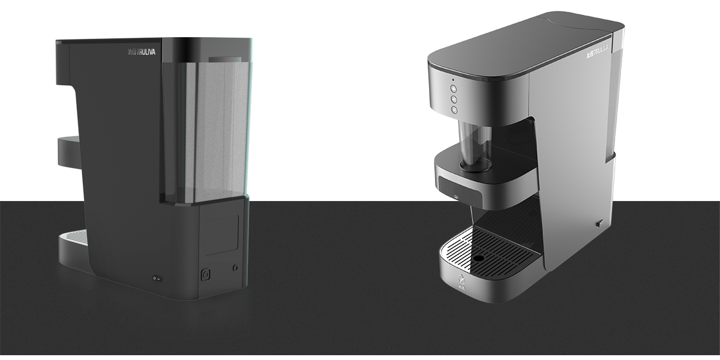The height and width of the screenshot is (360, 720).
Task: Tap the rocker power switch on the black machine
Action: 157,278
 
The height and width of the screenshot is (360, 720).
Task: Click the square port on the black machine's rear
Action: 205,274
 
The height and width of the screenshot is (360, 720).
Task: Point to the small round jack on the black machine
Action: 235,266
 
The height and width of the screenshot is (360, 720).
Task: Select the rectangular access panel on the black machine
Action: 223,235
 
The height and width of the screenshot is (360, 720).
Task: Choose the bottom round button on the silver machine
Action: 454,110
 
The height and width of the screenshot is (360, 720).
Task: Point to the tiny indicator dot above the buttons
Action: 453,79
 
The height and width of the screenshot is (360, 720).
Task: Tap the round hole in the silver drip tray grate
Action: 478,259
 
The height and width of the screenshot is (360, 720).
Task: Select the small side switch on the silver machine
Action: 598,224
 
